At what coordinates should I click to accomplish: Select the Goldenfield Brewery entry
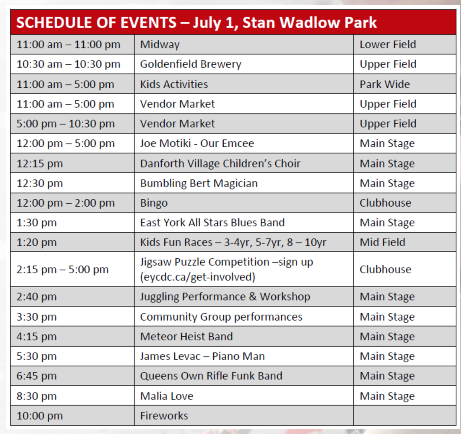coord(190,64)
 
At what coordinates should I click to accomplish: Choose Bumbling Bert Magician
coord(199,184)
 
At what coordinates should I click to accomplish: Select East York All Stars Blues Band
coord(212,222)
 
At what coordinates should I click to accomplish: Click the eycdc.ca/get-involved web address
coord(198,277)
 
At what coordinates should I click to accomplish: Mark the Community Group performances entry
coord(221,317)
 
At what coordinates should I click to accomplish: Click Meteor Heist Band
coord(187,336)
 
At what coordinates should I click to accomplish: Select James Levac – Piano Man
coord(202,356)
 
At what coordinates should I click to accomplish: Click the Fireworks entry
coord(164,416)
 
